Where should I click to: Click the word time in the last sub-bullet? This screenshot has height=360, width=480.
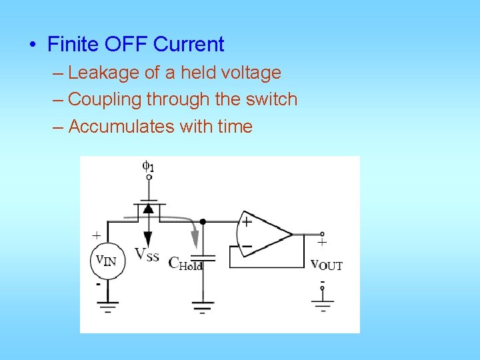235,126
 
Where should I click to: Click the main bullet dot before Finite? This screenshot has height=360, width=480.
32,45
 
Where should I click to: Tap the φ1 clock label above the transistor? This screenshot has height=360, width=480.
149,166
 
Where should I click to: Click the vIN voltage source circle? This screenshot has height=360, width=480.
107,261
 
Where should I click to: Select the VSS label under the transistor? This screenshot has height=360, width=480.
147,255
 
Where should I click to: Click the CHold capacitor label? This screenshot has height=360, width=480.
185,263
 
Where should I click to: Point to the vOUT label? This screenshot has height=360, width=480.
326,265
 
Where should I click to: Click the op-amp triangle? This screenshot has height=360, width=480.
263,234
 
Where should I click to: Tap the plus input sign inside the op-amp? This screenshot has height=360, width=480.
246,221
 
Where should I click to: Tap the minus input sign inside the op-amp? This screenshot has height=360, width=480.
246,246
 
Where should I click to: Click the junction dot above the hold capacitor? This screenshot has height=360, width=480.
203,221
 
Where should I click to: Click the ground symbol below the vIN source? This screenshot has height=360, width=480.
107,307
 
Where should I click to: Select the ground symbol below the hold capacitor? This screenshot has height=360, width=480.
203,307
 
